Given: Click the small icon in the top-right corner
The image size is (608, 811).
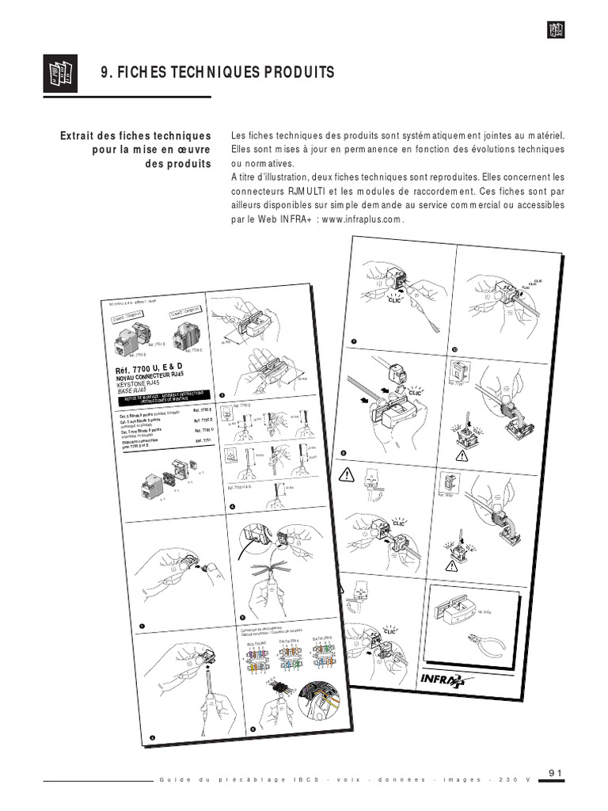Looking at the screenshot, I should (555, 30).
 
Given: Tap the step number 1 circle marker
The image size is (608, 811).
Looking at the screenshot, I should (142, 626).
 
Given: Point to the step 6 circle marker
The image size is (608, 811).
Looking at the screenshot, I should (252, 728).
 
